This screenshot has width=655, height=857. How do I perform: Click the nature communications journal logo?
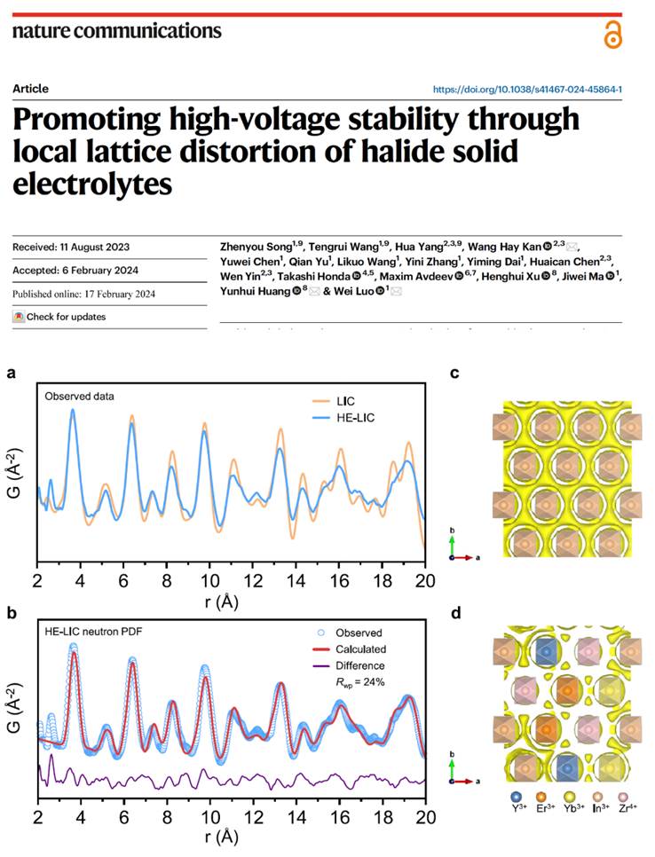(x=116, y=31)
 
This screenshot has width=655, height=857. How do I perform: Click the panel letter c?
(x=454, y=373)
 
